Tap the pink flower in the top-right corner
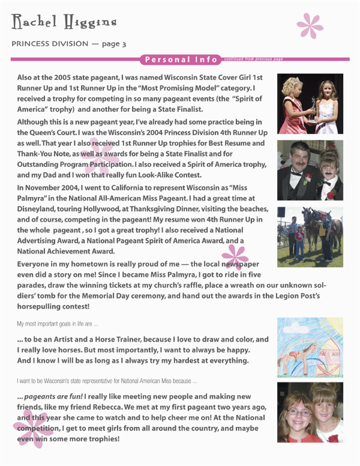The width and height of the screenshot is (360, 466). pos(310,25)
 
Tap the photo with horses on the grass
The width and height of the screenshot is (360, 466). pos(310,237)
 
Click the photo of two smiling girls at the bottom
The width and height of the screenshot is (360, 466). pos(310,412)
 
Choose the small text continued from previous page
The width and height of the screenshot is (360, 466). pos(253,59)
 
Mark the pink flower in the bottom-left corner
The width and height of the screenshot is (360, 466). pos(33,429)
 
